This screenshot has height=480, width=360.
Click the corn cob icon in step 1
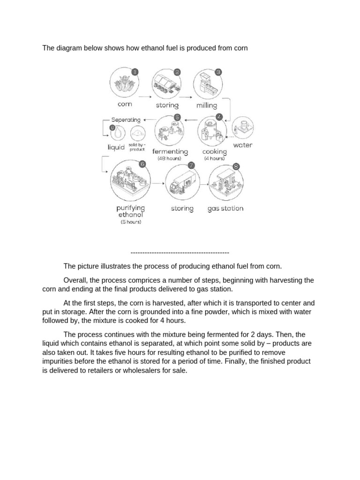pyautogui.click(x=124, y=84)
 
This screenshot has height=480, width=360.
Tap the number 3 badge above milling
pyautogui.click(x=218, y=72)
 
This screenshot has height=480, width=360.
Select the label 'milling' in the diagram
pyautogui.click(x=207, y=105)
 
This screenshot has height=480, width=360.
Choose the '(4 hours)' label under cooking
pyautogui.click(x=214, y=158)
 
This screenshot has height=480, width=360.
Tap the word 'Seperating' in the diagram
pyautogui.click(x=126, y=120)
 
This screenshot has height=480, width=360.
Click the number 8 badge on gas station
pyautogui.click(x=235, y=166)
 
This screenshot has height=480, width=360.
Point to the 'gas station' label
pyautogui.click(x=225, y=208)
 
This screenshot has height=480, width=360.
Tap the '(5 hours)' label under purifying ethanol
pyautogui.click(x=131, y=222)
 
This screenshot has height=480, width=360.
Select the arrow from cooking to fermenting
pyautogui.click(x=190, y=120)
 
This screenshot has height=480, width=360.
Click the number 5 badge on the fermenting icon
pyautogui.click(x=177, y=117)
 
